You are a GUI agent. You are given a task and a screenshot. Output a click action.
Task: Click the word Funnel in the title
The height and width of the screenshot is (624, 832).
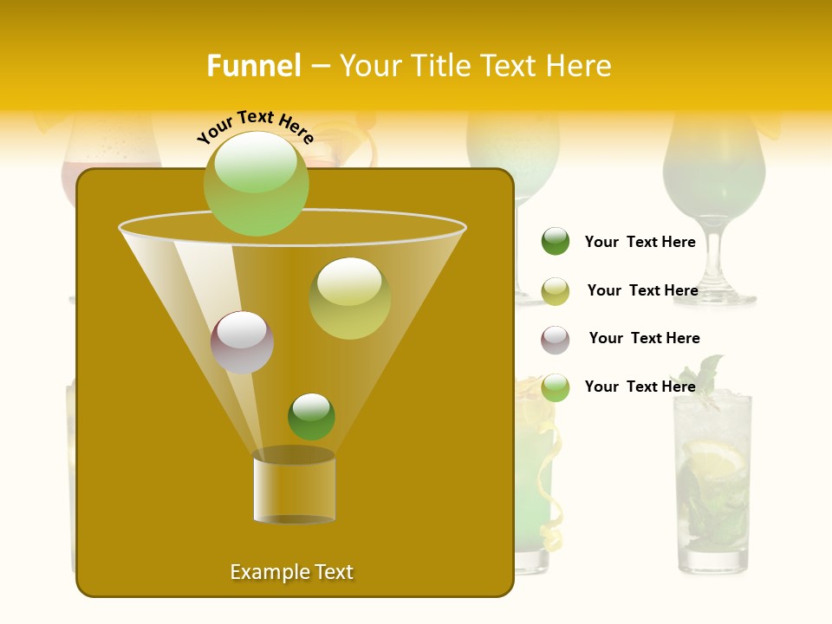click(x=253, y=66)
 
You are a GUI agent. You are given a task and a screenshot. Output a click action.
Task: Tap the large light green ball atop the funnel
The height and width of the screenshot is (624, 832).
click(x=257, y=183)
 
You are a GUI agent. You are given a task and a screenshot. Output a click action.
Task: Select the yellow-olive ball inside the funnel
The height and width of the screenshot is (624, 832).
click(x=349, y=298)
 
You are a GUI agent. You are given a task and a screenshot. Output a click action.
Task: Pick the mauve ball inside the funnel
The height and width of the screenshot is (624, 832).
click(x=242, y=342)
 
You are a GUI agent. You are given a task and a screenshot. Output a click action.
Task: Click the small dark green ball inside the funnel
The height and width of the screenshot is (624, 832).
click(x=311, y=416)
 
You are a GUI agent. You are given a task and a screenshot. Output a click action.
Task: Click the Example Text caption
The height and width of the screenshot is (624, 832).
click(x=291, y=572)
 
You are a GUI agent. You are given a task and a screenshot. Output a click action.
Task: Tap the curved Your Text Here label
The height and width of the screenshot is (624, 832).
click(x=255, y=126)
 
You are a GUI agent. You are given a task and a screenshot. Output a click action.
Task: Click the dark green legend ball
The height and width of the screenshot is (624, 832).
click(x=556, y=241)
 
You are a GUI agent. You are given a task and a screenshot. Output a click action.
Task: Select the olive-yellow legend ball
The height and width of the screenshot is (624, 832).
click(x=556, y=291)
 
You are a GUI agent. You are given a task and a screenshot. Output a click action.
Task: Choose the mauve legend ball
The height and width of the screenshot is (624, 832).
click(x=556, y=340)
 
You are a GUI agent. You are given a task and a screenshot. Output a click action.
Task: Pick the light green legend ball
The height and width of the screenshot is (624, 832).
click(x=556, y=387)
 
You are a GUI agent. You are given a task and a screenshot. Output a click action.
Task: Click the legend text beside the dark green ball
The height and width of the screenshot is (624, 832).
click(x=640, y=242)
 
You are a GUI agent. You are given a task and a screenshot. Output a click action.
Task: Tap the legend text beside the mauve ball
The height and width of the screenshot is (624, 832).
click(x=644, y=338)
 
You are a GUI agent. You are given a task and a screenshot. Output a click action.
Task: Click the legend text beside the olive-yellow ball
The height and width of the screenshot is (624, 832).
click(x=642, y=290)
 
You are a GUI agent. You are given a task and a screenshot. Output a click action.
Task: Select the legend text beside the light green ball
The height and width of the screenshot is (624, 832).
click(x=640, y=387)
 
